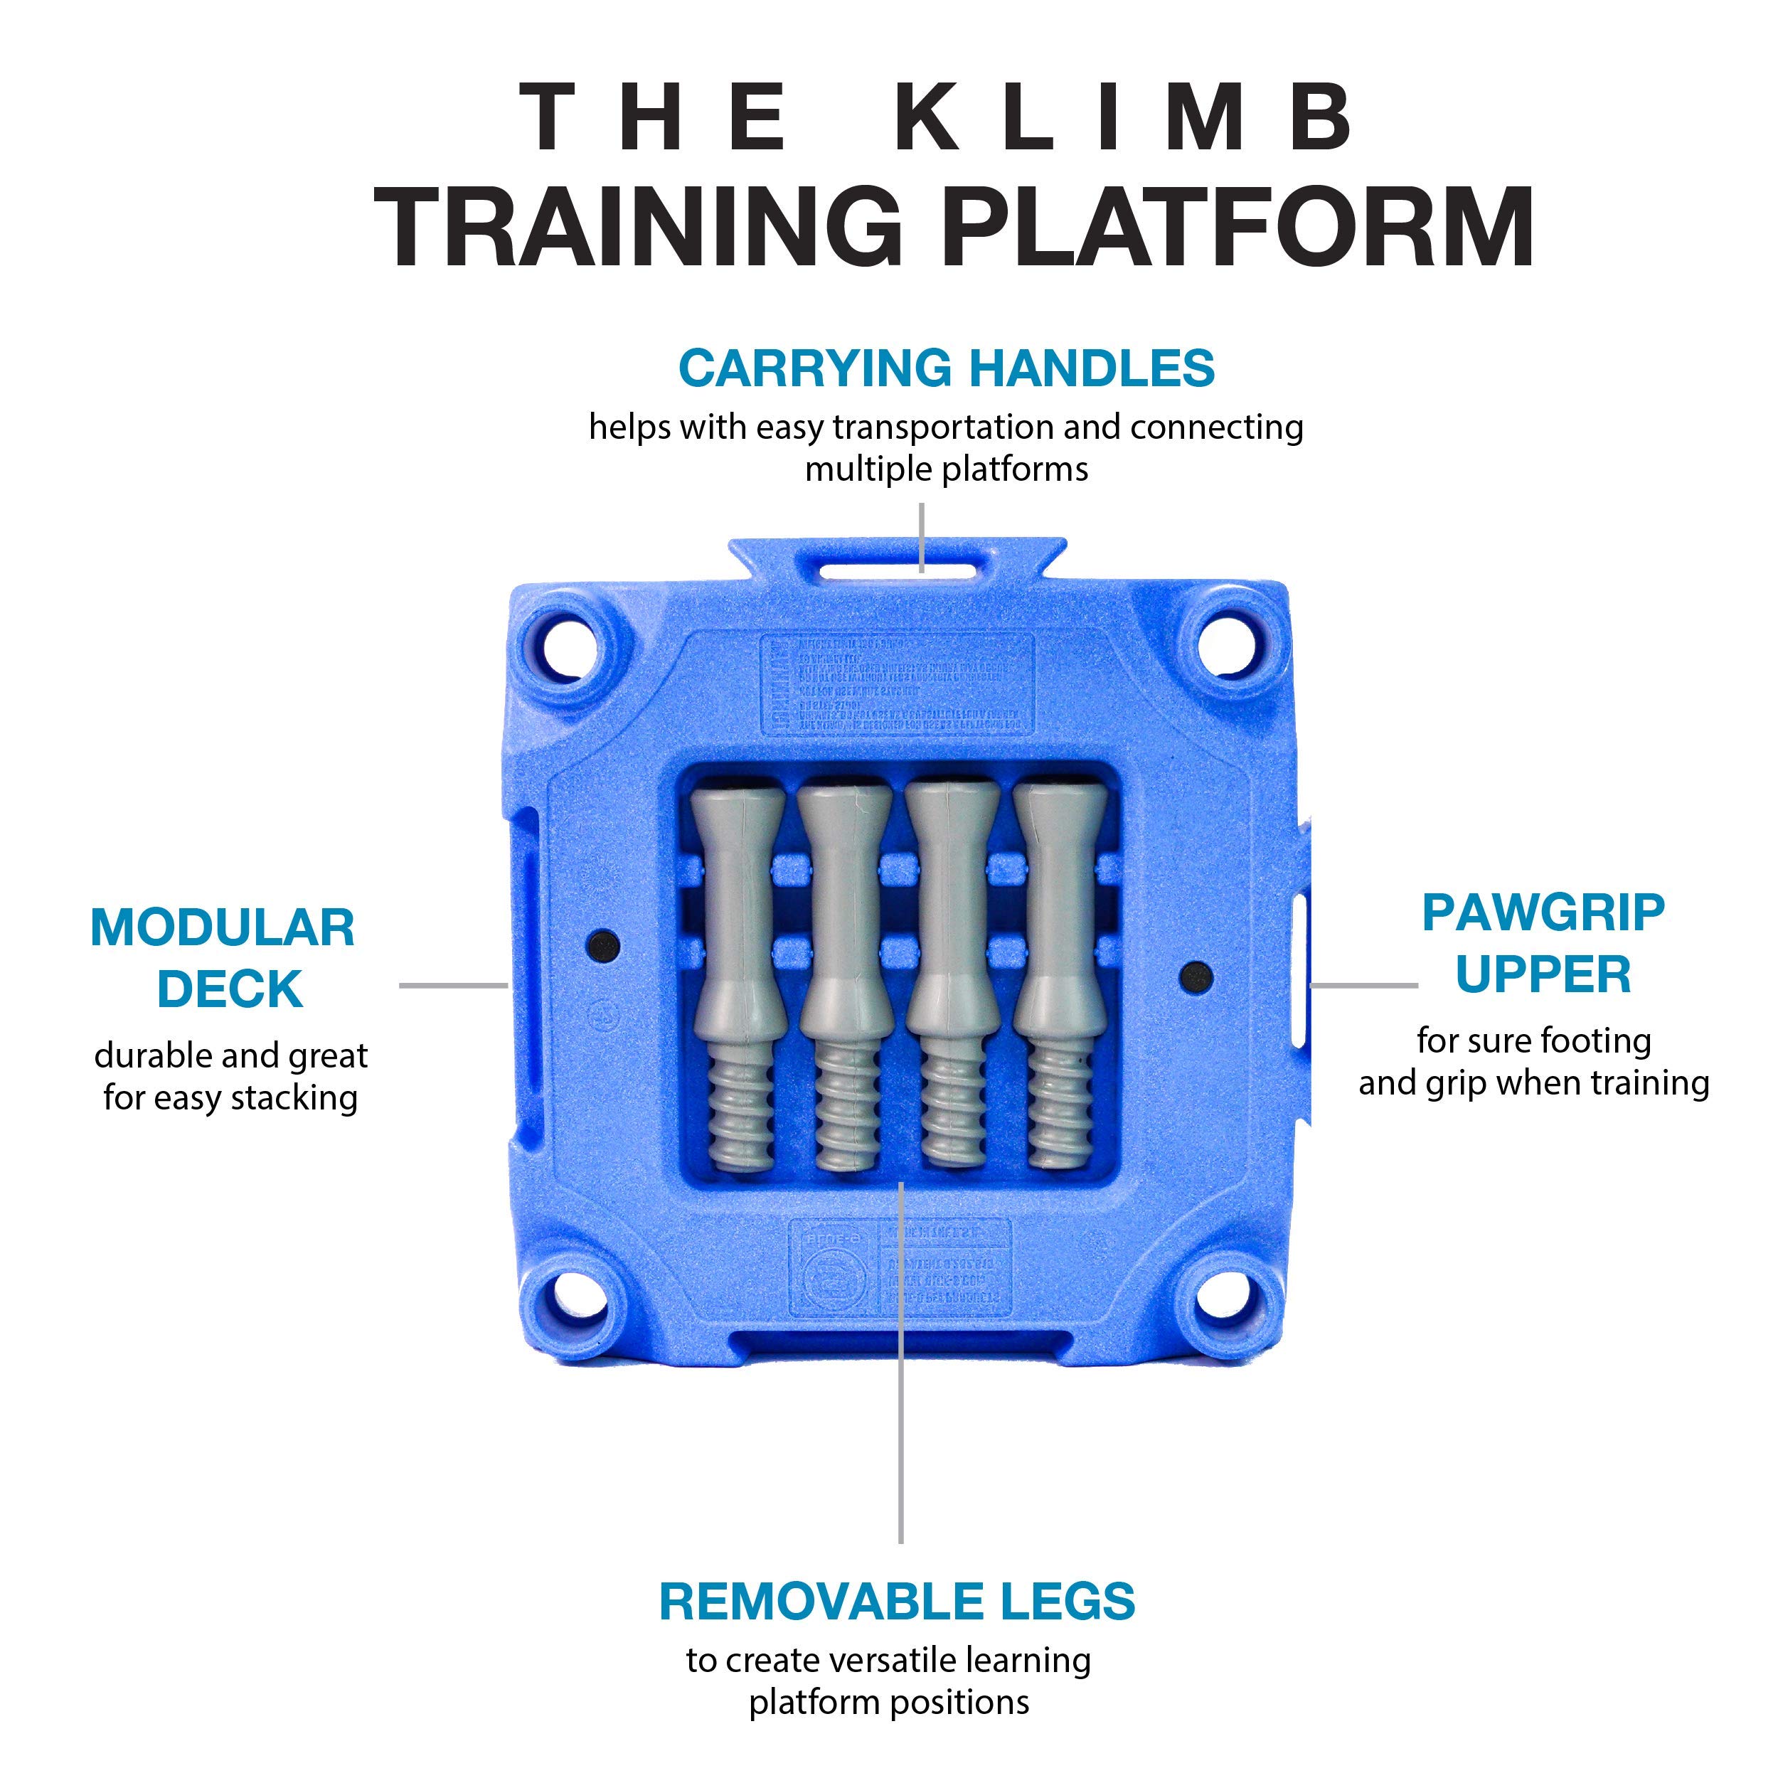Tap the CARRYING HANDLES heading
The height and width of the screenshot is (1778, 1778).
click(946, 368)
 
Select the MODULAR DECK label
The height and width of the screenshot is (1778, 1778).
click(223, 958)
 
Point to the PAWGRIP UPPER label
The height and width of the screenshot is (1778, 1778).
click(1543, 943)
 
